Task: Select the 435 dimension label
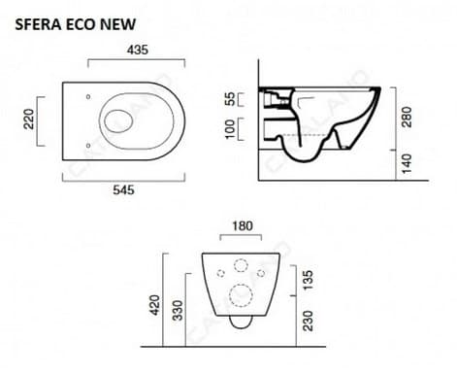(x=138, y=50)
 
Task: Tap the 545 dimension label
(x=123, y=189)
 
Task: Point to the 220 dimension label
(x=29, y=119)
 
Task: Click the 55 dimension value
(x=230, y=99)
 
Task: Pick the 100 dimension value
(x=230, y=129)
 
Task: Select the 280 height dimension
(x=407, y=117)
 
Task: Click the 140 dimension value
(x=407, y=163)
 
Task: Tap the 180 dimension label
(x=243, y=226)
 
